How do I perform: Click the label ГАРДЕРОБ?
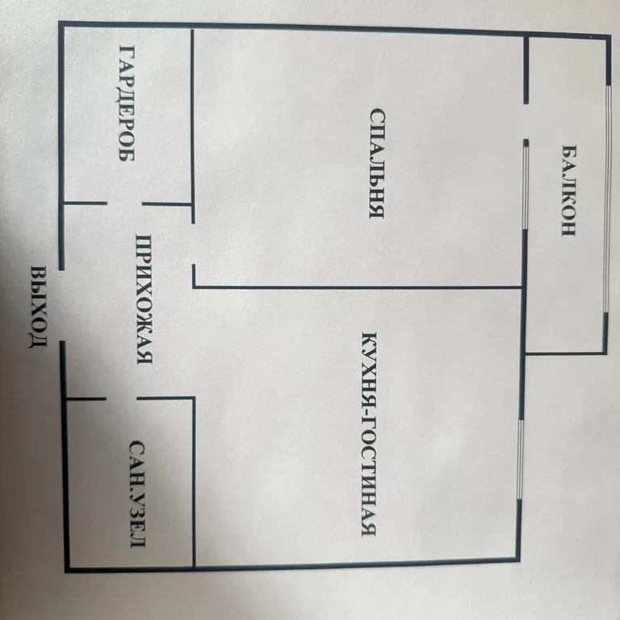[127, 103]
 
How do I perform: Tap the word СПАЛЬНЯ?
[377, 163]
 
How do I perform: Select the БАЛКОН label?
[568, 191]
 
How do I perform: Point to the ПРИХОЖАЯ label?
[144, 300]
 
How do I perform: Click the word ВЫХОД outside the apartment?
[39, 307]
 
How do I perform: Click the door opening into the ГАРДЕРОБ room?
[124, 203]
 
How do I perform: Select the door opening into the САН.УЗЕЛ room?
[121, 398]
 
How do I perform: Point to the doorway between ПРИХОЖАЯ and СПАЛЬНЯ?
[194, 244]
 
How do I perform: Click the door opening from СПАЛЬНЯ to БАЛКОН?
[526, 122]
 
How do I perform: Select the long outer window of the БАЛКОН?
[607, 199]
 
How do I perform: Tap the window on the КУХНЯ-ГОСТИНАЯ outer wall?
[521, 459]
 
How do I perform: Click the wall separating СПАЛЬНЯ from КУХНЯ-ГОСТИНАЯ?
[358, 287]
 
